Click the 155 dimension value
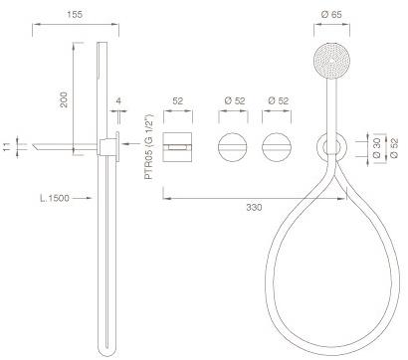[75, 15]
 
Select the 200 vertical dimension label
[64, 99]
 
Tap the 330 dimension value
[254, 208]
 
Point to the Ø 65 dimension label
[331, 15]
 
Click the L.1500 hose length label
[55, 198]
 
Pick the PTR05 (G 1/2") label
[149, 147]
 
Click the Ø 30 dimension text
[377, 149]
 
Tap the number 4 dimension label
[118, 100]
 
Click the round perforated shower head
[331, 61]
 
